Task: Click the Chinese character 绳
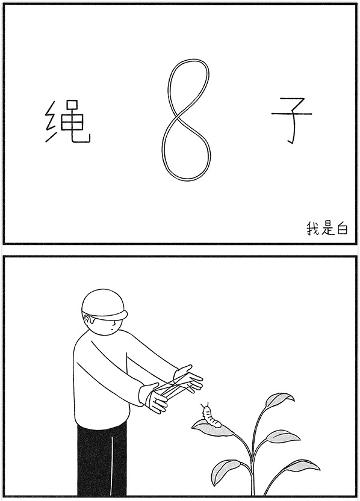(68, 121)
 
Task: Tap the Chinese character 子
(291, 121)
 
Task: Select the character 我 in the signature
(312, 229)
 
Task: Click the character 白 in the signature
(342, 229)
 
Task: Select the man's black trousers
(102, 460)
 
